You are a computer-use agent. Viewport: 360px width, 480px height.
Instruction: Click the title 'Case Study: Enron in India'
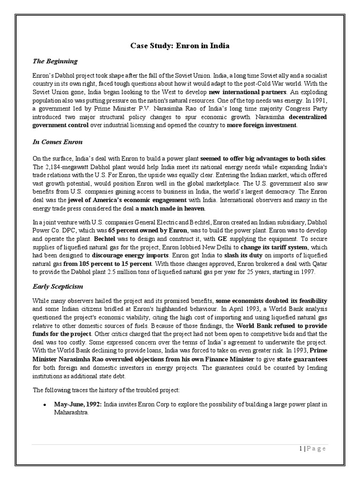[180, 46]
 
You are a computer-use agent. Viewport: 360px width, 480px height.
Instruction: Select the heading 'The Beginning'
[55, 61]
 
